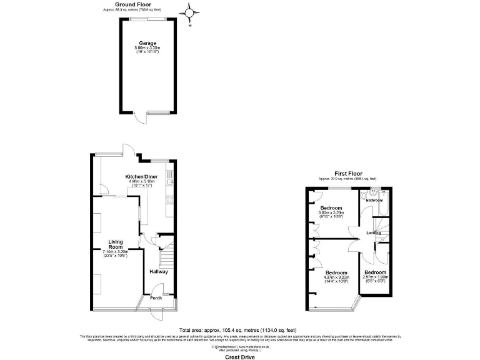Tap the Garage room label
pyautogui.click(x=147, y=43)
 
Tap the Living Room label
pyautogui.click(x=115, y=244)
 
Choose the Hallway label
pyautogui.click(x=159, y=272)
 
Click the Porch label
pyautogui.click(x=155, y=297)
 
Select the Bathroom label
pyautogui.click(x=374, y=200)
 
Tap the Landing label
pyautogui.click(x=373, y=233)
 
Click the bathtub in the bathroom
pyautogui.click(x=385, y=203)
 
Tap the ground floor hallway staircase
pyautogui.click(x=166, y=256)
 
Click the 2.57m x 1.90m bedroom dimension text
pyautogui.click(x=376, y=279)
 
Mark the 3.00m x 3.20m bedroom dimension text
pyautogui.click(x=331, y=214)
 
